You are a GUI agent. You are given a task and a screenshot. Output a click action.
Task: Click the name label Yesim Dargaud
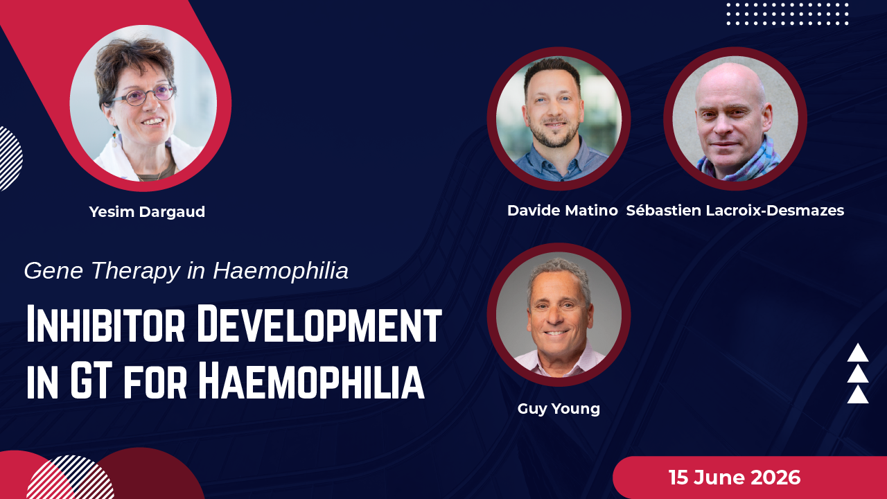click(147, 212)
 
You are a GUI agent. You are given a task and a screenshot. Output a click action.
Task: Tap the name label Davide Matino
click(562, 210)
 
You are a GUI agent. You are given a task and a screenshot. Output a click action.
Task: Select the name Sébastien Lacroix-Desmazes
click(735, 210)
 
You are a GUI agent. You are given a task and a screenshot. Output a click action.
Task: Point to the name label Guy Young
click(559, 409)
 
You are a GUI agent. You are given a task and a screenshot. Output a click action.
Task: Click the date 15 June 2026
click(735, 478)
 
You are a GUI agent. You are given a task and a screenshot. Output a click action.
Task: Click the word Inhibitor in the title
click(106, 324)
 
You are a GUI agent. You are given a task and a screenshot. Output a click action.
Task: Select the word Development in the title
click(319, 324)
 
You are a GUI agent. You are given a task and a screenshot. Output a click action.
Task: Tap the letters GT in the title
click(90, 380)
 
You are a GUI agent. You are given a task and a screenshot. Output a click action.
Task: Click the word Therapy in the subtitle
click(136, 272)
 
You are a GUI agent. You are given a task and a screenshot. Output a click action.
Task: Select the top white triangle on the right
click(858, 353)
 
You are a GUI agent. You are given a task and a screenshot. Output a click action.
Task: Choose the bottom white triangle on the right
click(858, 394)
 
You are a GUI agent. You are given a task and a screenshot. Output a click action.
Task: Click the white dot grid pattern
click(787, 15)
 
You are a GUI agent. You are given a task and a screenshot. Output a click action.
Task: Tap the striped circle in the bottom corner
click(71, 478)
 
